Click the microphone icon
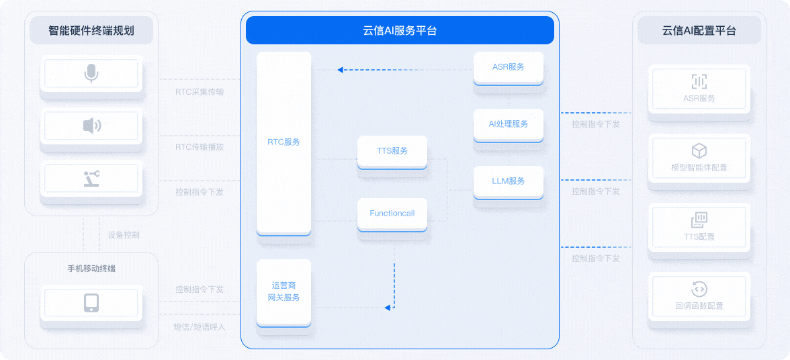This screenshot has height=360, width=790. point(91,73)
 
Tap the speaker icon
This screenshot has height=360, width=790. point(91,125)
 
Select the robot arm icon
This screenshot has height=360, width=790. point(91,178)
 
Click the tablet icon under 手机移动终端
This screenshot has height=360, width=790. point(91,303)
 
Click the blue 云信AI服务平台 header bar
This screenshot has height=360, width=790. point(400,30)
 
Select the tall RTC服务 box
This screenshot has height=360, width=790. point(283,142)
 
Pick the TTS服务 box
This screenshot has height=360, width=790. point(392,151)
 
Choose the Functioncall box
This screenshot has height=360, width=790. point(392,214)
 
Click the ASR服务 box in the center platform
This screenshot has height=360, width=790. point(508,66)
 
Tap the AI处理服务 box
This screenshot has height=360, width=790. point(508,124)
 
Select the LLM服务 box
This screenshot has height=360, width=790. point(508,181)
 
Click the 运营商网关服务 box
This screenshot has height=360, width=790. point(283,292)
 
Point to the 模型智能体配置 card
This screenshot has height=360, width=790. point(699,159)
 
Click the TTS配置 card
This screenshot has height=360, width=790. point(699,228)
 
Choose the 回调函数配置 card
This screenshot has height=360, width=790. point(699,297)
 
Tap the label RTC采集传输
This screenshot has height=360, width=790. point(200,92)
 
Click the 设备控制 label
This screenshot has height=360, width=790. point(124,236)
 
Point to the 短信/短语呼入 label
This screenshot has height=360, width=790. point(200,327)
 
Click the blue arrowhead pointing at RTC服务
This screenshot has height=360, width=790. point(341,69)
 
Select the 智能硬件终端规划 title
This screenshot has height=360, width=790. point(91,30)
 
